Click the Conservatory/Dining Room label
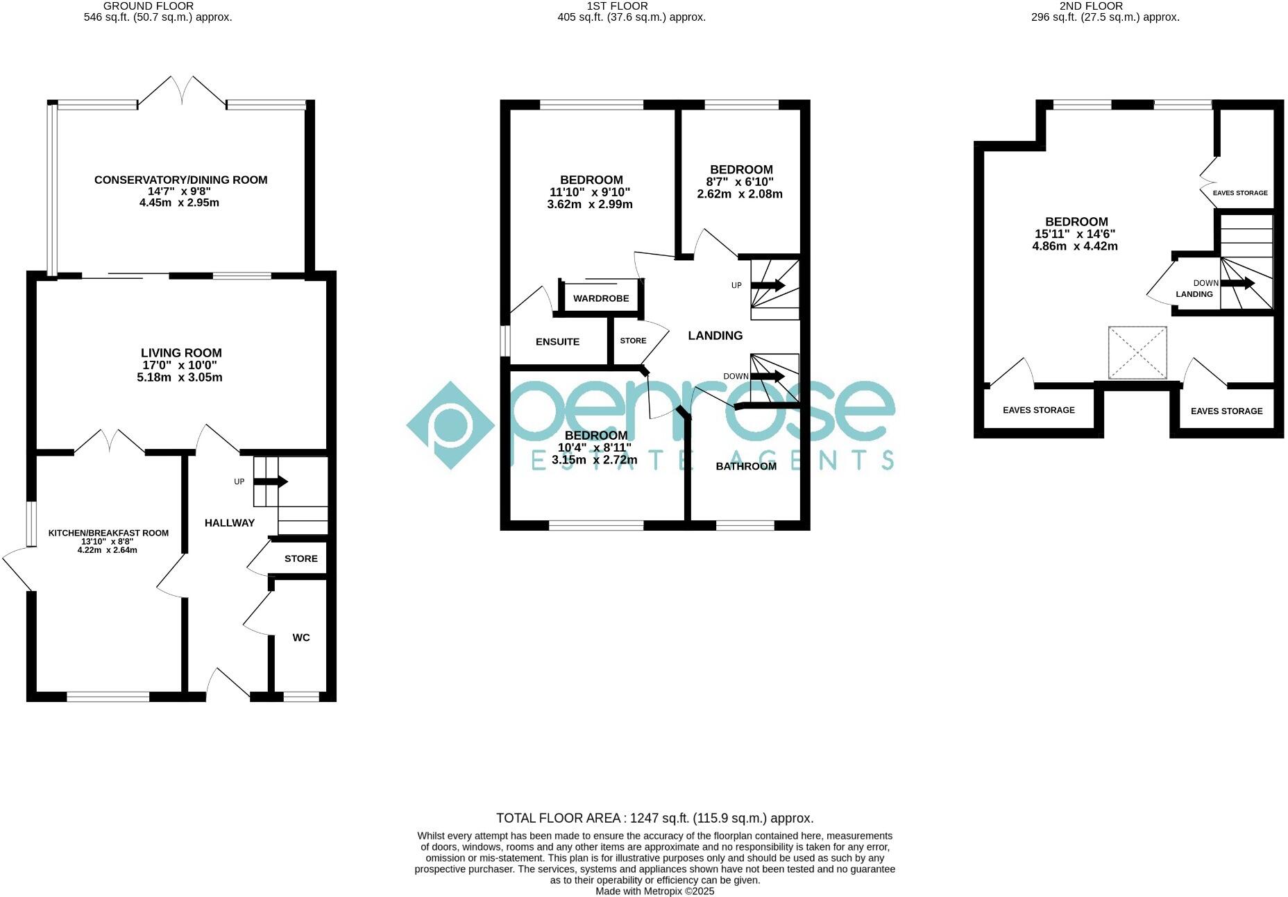[180, 180]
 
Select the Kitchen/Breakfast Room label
[108, 533]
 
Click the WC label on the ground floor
[301, 638]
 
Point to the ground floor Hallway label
[229, 523]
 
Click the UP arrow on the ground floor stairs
[272, 481]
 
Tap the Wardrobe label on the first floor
[601, 298]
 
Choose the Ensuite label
[557, 342]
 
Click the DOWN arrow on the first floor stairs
[768, 377]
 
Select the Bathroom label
[746, 466]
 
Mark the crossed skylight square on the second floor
[1137, 352]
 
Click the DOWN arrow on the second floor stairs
[1237, 283]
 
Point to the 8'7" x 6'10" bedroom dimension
[740, 182]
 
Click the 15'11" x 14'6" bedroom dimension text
[1074, 234]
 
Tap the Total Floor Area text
[654, 819]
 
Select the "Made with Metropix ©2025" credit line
[654, 891]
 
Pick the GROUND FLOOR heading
[149, 6]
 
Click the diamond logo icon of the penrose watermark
[451, 425]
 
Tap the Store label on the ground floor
[300, 558]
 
